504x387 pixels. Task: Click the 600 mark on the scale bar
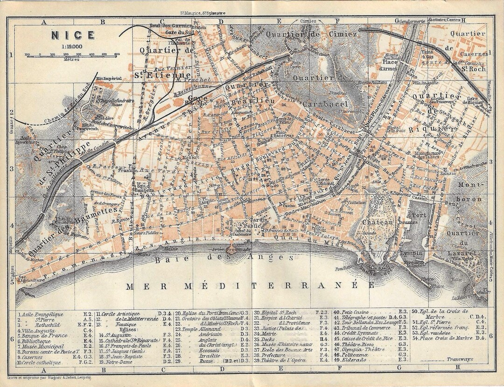(116, 54)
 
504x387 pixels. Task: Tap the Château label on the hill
(377, 223)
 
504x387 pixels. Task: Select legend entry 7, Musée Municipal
(44, 347)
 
